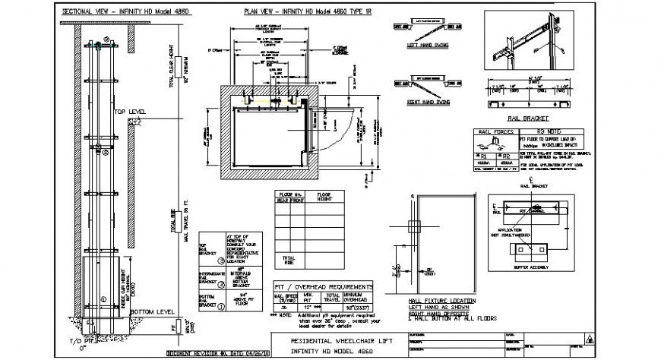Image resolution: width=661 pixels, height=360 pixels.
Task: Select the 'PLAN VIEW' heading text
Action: (x=288, y=13)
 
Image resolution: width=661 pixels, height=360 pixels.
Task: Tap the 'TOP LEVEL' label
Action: (x=130, y=111)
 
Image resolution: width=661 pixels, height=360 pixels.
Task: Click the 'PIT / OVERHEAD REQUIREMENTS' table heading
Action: (x=323, y=286)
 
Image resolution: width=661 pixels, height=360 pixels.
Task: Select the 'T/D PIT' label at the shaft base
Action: (x=78, y=342)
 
